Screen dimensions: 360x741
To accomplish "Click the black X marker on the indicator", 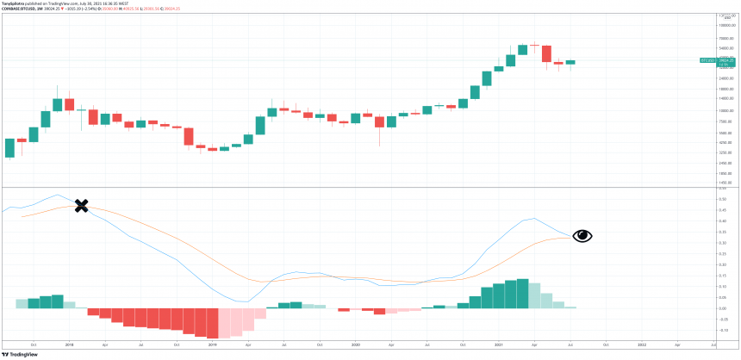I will pos(81,206).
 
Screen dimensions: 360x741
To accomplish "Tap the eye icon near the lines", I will pos(582,235).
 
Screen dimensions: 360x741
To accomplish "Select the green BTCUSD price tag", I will pos(709,61).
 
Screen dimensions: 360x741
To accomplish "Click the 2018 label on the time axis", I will pos(68,344).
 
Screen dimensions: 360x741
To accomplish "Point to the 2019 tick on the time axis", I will pos(212,344).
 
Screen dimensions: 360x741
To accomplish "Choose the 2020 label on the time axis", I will pos(355,344).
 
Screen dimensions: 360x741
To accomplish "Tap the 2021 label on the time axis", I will pos(498,344).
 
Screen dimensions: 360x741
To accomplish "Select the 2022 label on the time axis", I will pos(641,344).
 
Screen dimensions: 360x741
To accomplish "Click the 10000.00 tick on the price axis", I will pos(725,111).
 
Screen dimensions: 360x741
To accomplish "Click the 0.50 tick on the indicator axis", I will pos(722,199).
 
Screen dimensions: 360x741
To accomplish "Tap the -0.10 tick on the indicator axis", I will pos(722,330).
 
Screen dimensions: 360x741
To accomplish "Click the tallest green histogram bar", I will pos(522,294).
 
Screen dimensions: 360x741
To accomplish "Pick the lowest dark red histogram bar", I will pos(212,323).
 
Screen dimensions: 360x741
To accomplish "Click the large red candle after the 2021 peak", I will pos(546,53).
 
